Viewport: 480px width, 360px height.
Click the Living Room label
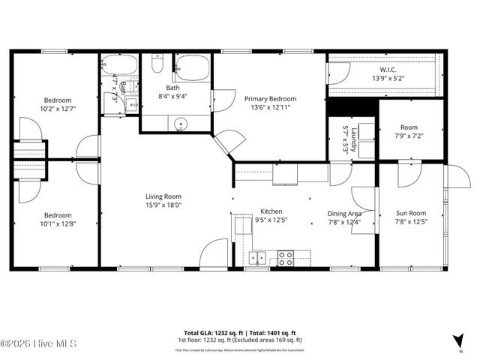click(x=163, y=196)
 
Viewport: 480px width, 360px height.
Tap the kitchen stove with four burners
click(x=286, y=258)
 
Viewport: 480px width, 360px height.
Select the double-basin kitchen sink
click(x=257, y=259)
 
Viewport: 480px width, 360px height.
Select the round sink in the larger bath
click(x=178, y=124)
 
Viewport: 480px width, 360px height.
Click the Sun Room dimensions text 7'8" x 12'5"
click(x=411, y=222)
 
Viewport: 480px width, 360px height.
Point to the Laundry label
click(x=345, y=139)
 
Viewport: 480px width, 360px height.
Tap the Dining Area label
click(x=344, y=213)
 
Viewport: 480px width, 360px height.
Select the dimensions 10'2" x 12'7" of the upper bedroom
click(x=57, y=109)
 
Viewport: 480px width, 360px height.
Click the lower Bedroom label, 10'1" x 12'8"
click(x=57, y=214)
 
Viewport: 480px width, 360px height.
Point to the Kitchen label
click(x=271, y=211)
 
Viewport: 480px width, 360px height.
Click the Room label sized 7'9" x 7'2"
click(x=409, y=127)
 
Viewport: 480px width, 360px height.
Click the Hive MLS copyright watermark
click(x=30, y=344)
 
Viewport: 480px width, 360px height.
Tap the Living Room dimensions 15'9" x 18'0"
click(x=163, y=205)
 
